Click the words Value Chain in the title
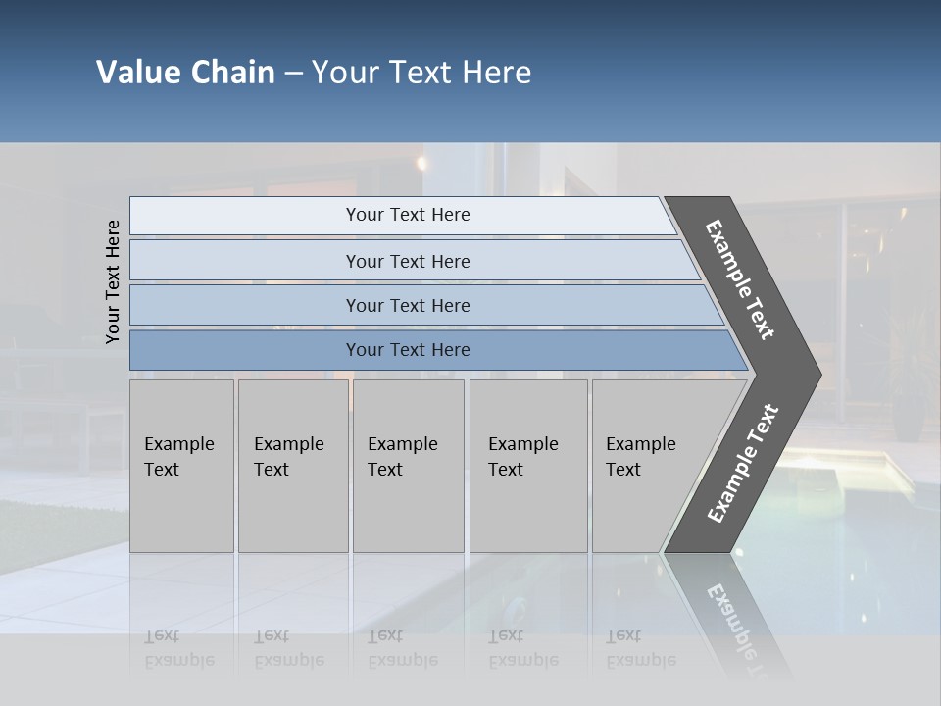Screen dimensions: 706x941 point(185,73)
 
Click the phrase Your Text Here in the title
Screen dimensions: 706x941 point(421,73)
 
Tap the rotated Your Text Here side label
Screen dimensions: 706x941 point(113,281)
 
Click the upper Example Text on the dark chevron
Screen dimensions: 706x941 point(740,279)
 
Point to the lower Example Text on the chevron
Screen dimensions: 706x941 point(742,464)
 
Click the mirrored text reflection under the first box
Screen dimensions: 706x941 point(178,648)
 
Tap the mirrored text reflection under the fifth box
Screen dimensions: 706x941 point(640,648)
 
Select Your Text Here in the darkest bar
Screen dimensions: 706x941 point(408,350)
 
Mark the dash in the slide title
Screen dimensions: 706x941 point(293,74)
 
